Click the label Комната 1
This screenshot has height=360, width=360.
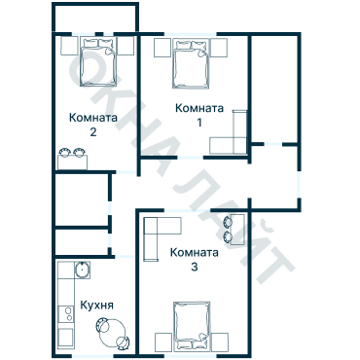click(x=199, y=115)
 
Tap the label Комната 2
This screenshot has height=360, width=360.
click(x=93, y=125)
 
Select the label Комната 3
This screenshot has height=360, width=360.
click(x=195, y=260)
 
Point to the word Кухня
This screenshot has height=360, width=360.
click(x=96, y=306)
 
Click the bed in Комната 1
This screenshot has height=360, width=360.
click(x=191, y=64)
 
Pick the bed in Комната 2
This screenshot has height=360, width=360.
click(x=98, y=62)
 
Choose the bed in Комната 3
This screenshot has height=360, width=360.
click(x=192, y=327)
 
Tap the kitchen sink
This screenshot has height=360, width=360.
click(x=83, y=270)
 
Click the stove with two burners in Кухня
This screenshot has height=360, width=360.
click(x=66, y=314)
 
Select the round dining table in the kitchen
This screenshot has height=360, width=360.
click(x=112, y=333)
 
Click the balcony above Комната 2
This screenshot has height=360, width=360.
click(x=95, y=18)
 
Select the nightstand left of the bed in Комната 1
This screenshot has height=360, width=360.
click(x=162, y=48)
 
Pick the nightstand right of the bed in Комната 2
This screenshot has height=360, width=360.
click(x=126, y=46)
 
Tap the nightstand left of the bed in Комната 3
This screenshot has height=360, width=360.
click(x=163, y=342)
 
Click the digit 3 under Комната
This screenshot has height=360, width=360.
click(x=195, y=268)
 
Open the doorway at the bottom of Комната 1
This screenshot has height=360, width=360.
click(x=191, y=158)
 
